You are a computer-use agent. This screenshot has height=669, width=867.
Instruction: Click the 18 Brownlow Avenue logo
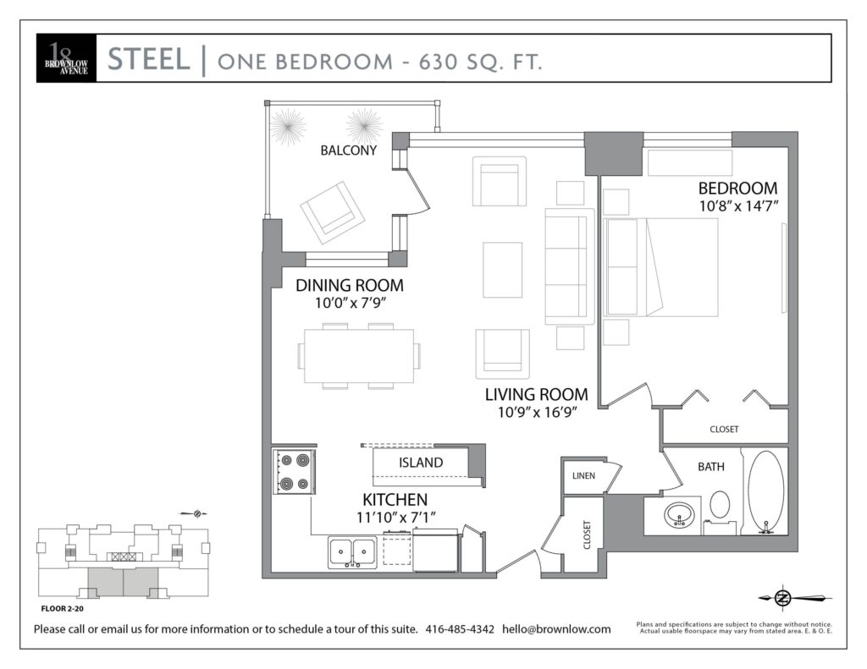point(66,58)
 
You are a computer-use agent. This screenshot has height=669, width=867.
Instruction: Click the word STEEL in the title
point(149,59)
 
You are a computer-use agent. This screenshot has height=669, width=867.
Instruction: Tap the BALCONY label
point(348,151)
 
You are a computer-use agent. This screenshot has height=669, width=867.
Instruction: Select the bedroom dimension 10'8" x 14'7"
point(738,206)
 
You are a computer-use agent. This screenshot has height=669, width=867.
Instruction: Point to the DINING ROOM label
point(350,285)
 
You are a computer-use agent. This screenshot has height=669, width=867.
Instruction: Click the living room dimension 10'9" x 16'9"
point(538,412)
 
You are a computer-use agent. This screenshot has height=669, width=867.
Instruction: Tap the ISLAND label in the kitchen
point(421,463)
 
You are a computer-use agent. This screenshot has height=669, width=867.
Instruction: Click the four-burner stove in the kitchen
point(294,471)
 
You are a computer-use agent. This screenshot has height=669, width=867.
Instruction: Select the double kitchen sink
point(352,552)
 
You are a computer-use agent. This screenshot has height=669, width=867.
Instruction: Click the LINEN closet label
point(584,475)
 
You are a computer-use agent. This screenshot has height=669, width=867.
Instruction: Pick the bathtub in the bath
point(765,491)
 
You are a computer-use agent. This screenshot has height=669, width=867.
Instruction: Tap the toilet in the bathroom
point(720,511)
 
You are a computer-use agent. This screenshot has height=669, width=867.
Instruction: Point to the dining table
point(359,356)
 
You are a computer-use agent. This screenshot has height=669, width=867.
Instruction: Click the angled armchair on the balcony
point(332,212)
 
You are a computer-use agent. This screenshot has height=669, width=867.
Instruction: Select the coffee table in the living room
point(503,270)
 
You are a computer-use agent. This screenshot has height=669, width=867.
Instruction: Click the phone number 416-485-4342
point(460,628)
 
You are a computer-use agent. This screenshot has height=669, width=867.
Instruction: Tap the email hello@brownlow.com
point(556,628)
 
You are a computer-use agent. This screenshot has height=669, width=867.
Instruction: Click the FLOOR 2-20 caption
point(63,609)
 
